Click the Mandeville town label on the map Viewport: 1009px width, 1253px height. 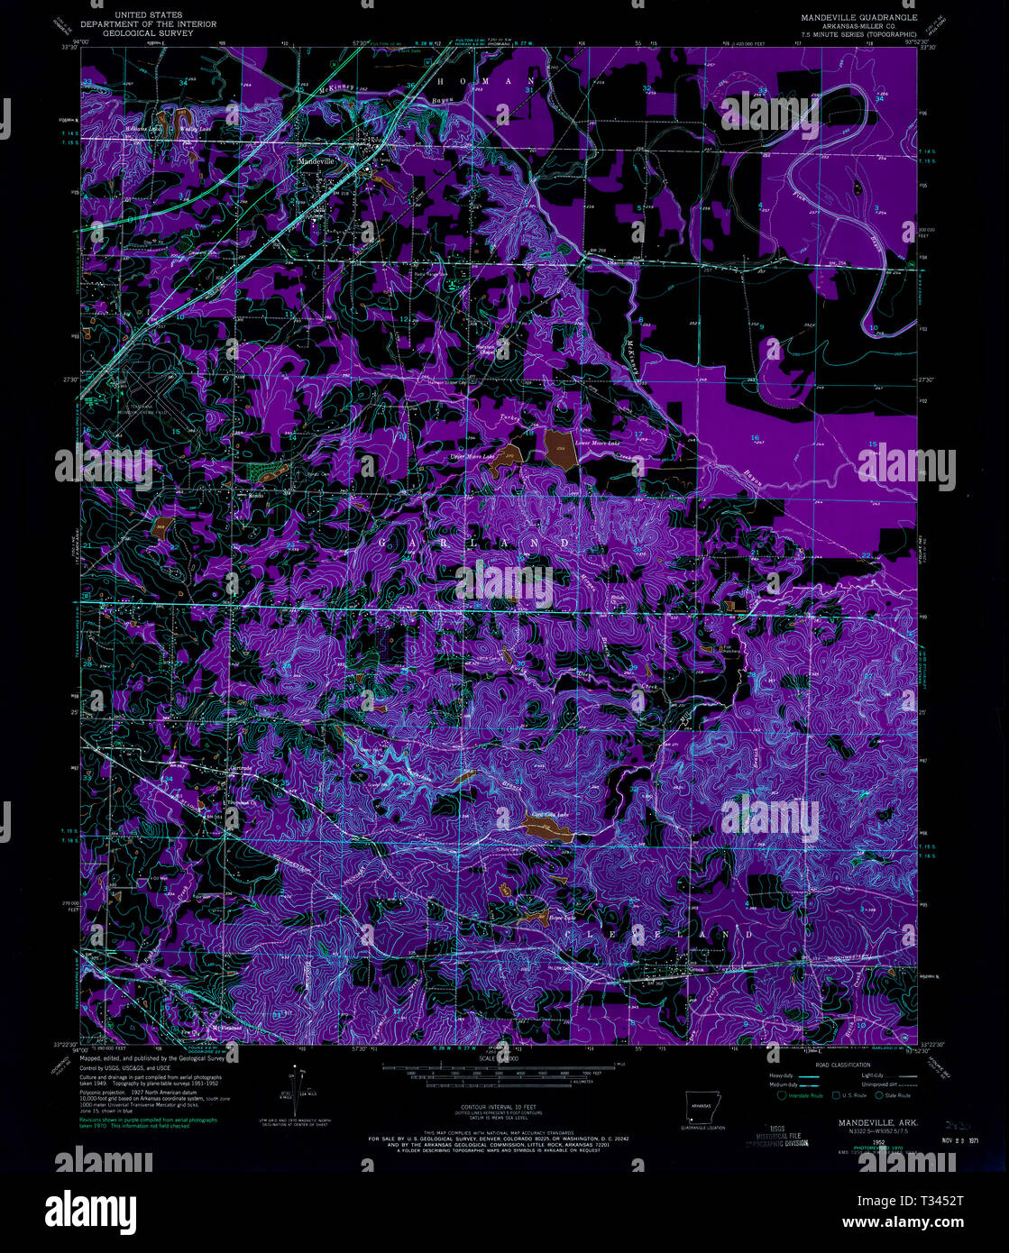pos(316,160)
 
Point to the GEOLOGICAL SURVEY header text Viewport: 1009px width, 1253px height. pos(147,33)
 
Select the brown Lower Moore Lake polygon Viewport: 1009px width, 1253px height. pos(558,445)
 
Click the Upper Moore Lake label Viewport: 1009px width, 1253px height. pos(472,457)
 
